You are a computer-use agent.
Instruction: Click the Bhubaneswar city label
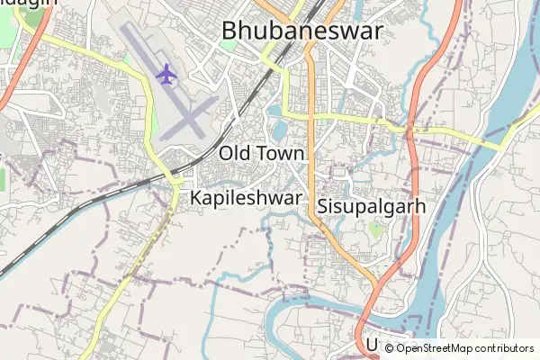[301, 32]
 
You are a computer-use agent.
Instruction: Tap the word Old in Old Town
[236, 153]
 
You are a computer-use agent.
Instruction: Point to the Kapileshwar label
[246, 197]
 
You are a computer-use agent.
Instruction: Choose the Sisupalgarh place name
[371, 206]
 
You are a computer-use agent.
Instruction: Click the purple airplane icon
[166, 74]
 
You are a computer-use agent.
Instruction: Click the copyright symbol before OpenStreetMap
[389, 348]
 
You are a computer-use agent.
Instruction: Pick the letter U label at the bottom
[371, 345]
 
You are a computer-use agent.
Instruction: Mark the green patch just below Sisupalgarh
[375, 230]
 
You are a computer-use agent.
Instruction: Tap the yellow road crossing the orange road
[311, 116]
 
